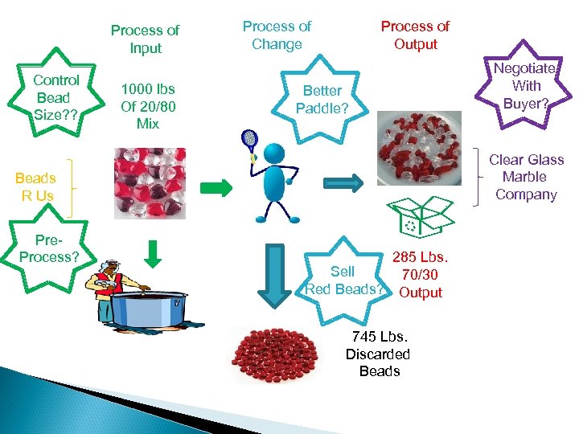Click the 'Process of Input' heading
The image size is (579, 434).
(145, 39)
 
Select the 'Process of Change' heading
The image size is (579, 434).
(277, 35)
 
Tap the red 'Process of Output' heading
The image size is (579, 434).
(415, 35)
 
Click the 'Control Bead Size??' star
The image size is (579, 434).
(56, 97)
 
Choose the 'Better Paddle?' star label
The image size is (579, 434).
(322, 99)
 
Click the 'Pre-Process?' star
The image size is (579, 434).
(49, 248)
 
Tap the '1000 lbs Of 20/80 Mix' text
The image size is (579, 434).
(147, 106)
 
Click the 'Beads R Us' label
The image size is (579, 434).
(35, 186)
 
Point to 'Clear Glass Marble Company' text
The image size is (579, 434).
(526, 177)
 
